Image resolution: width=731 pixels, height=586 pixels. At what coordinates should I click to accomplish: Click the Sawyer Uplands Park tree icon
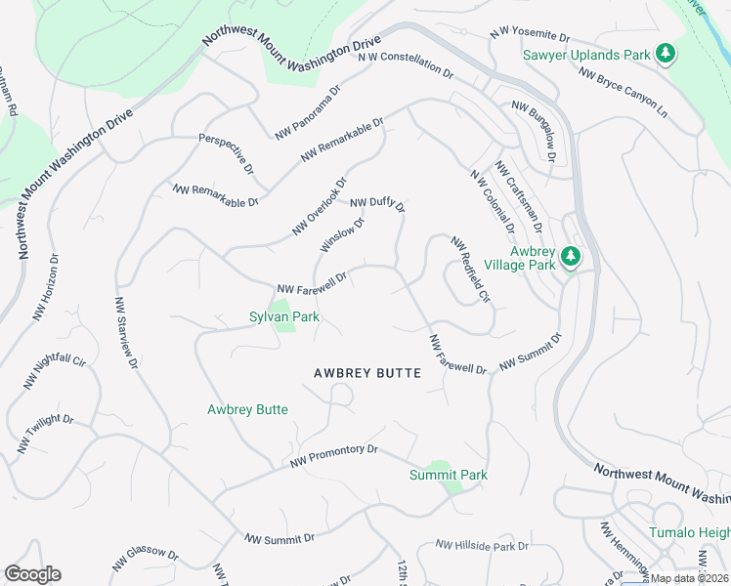(x=666, y=53)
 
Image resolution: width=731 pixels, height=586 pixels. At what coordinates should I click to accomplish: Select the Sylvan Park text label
(x=284, y=316)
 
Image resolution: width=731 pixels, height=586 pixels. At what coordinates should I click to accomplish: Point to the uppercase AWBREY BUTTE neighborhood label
(x=367, y=373)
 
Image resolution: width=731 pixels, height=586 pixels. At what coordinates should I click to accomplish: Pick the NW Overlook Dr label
(x=320, y=206)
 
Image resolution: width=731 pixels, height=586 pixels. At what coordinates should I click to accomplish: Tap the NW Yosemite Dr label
(x=529, y=33)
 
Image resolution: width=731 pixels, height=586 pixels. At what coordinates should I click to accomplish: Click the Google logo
(x=32, y=574)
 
